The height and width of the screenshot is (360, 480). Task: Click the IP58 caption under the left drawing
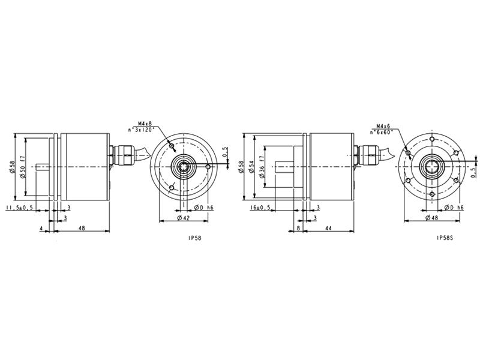194,238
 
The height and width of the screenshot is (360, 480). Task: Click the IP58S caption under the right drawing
445,238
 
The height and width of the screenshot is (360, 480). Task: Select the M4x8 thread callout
145,124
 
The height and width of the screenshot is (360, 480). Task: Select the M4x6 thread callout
383,126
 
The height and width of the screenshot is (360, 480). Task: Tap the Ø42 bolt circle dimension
184,218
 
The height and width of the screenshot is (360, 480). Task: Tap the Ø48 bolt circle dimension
431,218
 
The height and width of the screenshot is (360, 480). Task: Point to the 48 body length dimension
82,228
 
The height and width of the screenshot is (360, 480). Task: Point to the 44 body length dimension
328,228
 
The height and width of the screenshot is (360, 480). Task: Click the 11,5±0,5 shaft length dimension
19,208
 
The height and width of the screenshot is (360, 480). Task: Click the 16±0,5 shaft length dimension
260,208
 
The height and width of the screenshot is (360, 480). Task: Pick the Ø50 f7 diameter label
22,167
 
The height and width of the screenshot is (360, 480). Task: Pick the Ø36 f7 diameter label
262,167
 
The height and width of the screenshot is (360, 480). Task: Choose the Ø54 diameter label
251,167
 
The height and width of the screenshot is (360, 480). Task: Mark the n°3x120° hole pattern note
142,130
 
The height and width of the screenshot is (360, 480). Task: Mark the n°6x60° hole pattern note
382,132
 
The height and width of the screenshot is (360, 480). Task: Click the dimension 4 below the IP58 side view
41,229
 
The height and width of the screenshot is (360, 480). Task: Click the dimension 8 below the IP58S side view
298,229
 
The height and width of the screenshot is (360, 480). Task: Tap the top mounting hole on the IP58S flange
431,139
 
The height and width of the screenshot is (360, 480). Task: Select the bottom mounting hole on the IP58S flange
431,194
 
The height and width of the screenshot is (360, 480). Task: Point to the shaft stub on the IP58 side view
43,167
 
